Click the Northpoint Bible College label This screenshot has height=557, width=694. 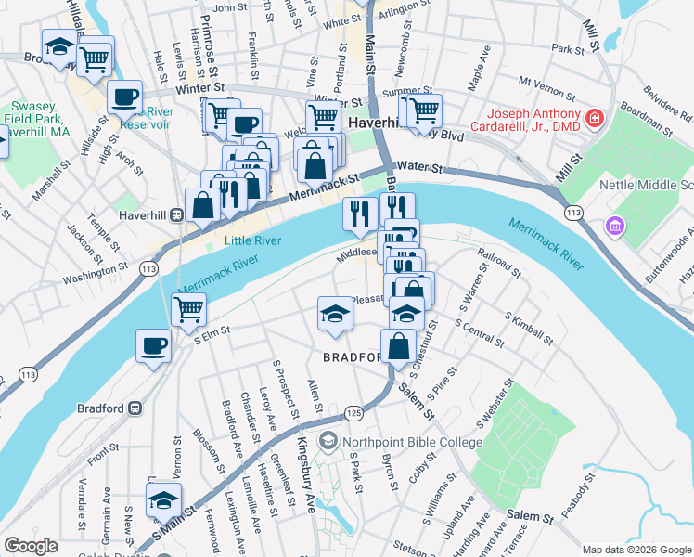[x=411, y=443]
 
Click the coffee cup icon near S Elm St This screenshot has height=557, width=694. [x=153, y=346]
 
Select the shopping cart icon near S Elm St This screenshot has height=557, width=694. [x=188, y=308]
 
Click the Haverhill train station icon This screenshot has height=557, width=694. [x=174, y=214]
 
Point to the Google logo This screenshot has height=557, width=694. [x=31, y=546]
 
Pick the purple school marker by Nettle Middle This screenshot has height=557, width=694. [x=613, y=226]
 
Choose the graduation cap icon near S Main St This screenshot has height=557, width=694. [x=164, y=499]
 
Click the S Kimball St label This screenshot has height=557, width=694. [x=531, y=328]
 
